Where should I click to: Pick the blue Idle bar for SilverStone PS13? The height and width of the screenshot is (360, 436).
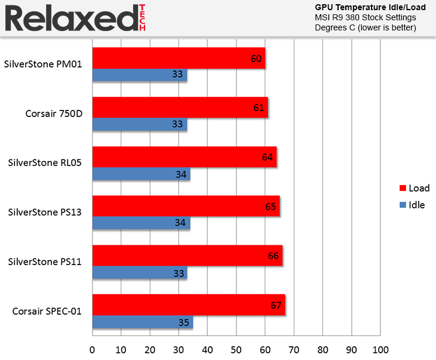coord(141,224)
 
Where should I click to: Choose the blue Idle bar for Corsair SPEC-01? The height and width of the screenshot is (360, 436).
coord(143,323)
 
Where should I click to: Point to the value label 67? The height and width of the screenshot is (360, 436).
coord(276,306)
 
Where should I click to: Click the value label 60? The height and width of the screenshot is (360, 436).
coord(256,59)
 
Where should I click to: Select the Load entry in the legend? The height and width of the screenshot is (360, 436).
coord(414,188)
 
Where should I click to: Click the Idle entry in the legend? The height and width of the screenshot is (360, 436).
coord(412,205)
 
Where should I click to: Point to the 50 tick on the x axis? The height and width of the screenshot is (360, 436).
coord(237,349)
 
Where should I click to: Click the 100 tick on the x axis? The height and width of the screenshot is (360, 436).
coord(380,349)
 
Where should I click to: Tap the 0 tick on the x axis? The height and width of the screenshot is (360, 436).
coord(93,349)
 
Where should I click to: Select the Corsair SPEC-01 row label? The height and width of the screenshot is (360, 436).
coord(47,311)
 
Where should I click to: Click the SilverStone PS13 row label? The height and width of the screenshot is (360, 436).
coord(45,212)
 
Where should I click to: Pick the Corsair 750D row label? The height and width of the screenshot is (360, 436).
coord(54,113)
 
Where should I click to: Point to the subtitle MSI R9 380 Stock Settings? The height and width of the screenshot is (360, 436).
coord(366,18)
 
